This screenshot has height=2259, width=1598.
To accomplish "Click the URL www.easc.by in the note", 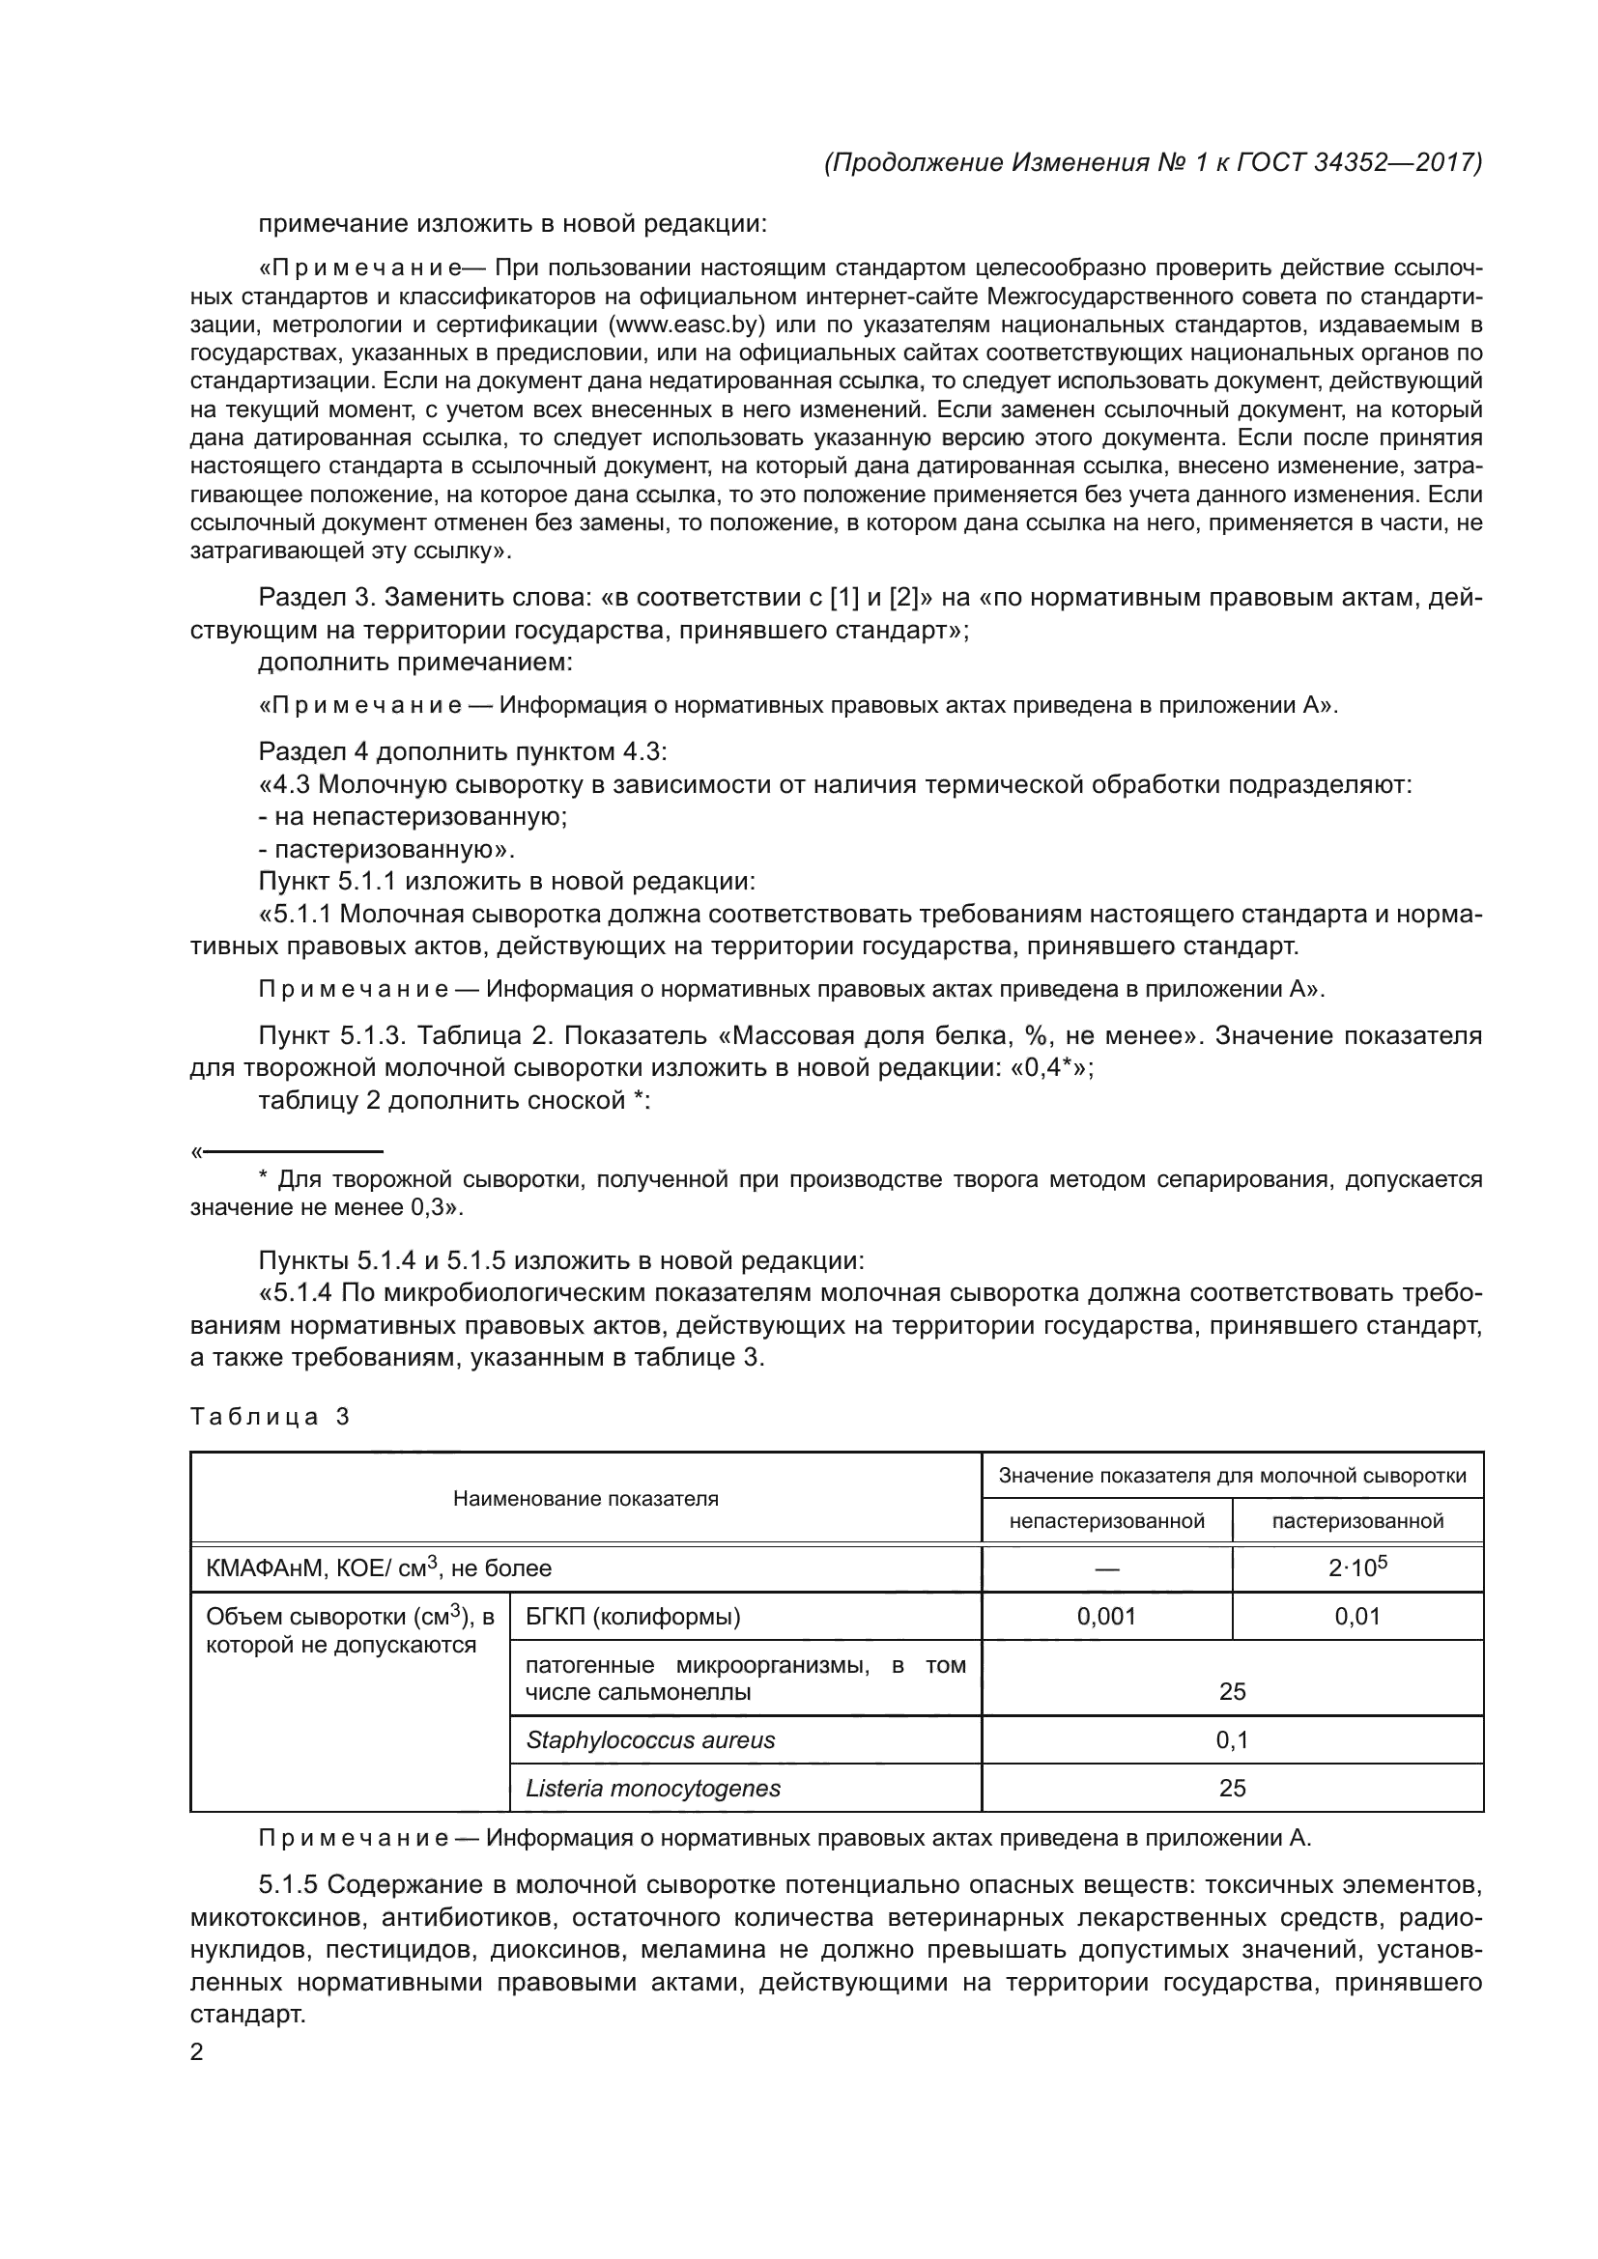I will point(688,325).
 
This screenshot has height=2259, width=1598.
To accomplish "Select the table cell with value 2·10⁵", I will point(1356,1568).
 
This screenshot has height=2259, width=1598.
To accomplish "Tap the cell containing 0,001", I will point(1106,1617).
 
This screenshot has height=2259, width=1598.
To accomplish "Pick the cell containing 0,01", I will point(1356,1617).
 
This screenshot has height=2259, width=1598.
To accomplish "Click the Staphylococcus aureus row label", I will point(650,1740).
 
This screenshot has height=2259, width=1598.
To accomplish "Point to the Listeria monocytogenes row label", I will point(653,1789).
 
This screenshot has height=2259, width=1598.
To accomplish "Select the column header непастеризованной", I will point(1106,1521).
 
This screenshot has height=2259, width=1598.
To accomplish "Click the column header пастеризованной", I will point(1356,1521).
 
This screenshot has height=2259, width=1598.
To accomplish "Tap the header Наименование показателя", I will point(585,1499).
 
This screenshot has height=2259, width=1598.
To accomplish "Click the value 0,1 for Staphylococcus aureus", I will point(1232,1740).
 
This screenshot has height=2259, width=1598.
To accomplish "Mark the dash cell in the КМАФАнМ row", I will point(1106,1569).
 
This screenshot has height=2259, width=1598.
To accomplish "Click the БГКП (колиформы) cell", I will point(633,1617).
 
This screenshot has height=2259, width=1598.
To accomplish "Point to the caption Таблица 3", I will point(270,1417).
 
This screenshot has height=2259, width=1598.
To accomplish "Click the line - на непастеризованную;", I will point(414,817).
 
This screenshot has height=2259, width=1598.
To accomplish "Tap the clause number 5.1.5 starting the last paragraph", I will point(288,1885).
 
